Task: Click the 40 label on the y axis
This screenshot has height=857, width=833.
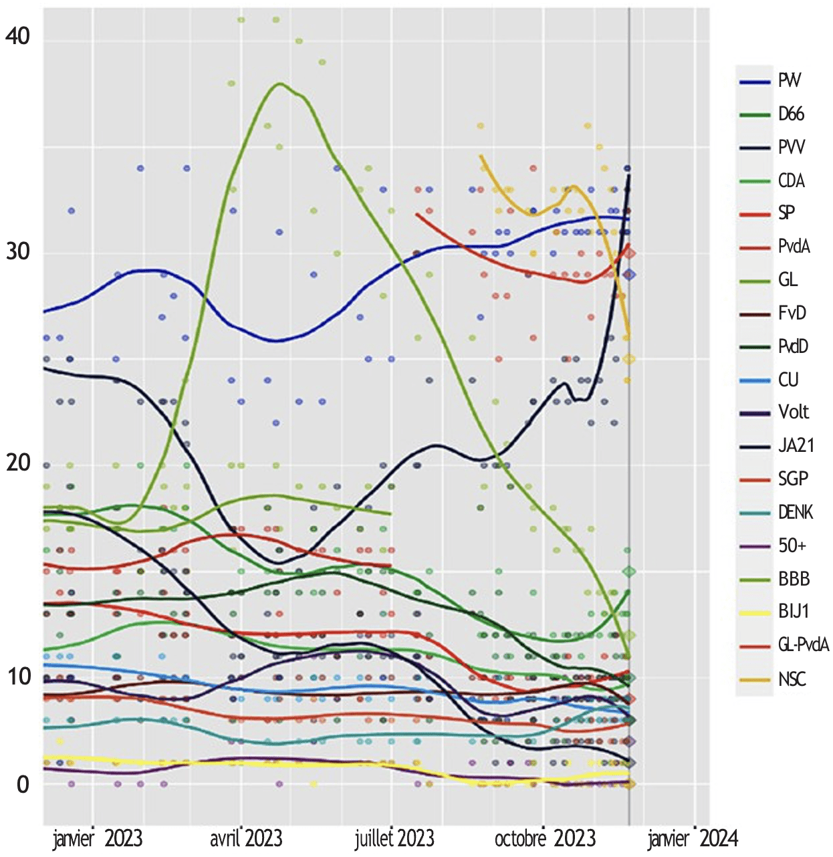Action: click(18, 36)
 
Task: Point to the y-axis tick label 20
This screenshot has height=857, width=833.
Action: click(18, 463)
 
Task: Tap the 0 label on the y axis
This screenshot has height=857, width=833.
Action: click(23, 784)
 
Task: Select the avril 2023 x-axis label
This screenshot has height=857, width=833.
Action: click(246, 838)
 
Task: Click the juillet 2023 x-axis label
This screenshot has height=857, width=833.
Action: click(394, 838)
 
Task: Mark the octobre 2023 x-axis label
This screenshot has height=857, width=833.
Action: click(545, 838)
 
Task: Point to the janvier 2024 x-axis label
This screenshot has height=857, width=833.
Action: click(693, 838)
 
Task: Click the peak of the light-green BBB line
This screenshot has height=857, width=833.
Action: click(280, 84)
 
